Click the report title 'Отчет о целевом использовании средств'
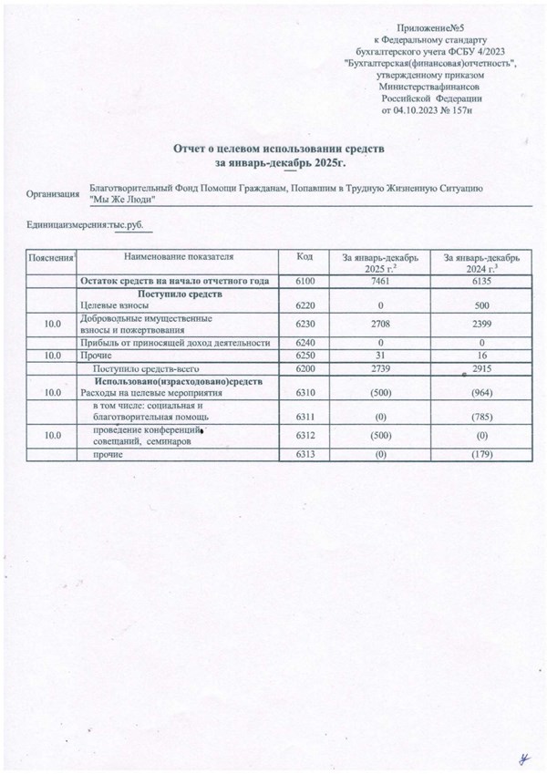click(282, 147)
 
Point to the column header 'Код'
click(305, 259)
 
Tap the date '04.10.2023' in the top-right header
click(418, 110)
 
